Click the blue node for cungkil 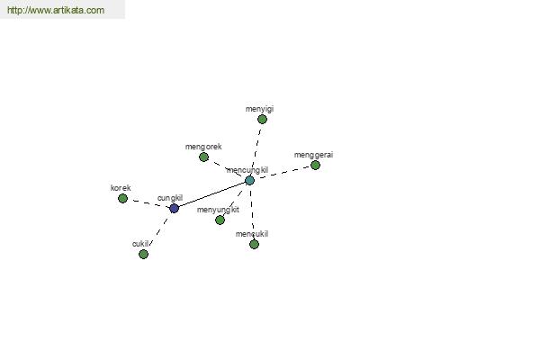coord(175,209)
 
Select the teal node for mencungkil coord(249,180)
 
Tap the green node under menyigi coord(262,119)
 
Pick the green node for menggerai coord(315,165)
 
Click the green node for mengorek coord(204,157)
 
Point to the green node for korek coord(122,198)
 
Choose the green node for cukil coord(143,254)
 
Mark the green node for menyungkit coord(220,220)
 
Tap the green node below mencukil coord(254,244)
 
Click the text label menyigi coord(259,109)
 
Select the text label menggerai coord(313,155)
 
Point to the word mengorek coord(203,147)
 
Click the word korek coord(121,188)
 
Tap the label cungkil coord(170,198)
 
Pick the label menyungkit coord(218,210)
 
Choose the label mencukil coord(252,234)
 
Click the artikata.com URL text coord(56,10)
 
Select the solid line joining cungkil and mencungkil coord(211,194)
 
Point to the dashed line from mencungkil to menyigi coord(256,148)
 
